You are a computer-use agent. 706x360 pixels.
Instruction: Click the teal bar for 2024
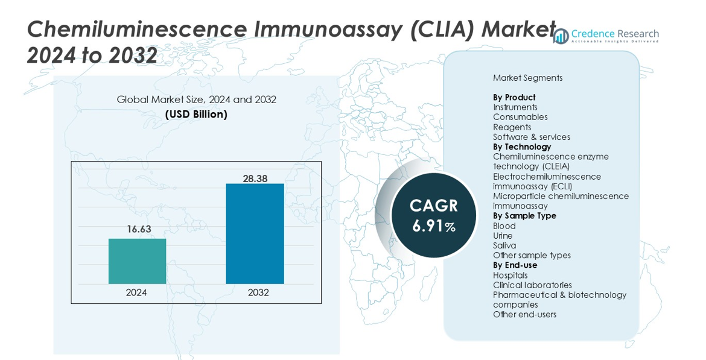click(137, 261)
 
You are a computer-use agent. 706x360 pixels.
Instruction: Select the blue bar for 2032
click(255, 233)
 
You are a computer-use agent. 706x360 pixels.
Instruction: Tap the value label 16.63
click(139, 229)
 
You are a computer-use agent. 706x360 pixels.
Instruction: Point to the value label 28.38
click(255, 178)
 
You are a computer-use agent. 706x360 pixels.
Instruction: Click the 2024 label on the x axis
click(136, 292)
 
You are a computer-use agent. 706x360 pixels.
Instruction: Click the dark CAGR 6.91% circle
click(433, 215)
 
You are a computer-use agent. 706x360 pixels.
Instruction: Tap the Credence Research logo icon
click(561, 36)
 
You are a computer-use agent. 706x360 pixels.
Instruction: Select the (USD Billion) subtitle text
click(196, 114)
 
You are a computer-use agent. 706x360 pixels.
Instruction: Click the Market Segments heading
click(527, 78)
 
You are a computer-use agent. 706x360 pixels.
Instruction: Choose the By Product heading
click(514, 97)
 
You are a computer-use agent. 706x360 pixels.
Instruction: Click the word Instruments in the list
click(515, 107)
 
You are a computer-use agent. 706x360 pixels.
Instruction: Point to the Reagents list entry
click(512, 127)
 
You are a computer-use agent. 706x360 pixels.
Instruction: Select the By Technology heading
click(522, 147)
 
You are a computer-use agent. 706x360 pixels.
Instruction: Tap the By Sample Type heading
click(524, 216)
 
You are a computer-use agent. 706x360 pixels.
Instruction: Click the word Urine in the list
click(503, 236)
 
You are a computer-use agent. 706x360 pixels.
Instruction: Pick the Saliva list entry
click(504, 245)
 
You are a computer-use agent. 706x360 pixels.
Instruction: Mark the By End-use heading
click(515, 265)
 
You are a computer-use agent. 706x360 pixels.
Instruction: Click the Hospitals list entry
click(510, 276)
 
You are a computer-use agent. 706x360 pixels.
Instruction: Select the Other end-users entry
click(524, 315)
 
